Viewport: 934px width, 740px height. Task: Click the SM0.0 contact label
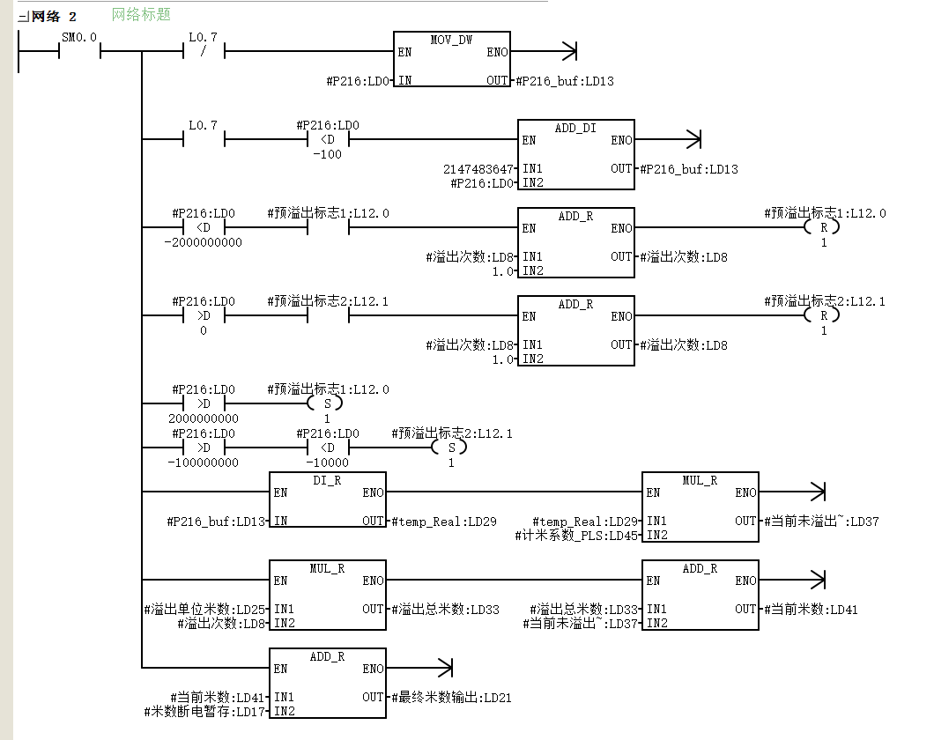[x=79, y=38]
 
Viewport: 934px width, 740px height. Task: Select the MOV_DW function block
[x=451, y=59]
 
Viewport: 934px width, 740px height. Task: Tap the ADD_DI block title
[x=575, y=128]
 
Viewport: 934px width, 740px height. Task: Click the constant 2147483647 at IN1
[x=478, y=169]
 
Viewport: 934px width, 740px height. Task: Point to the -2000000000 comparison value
[x=204, y=243]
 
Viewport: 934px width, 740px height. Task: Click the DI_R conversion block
[x=328, y=499]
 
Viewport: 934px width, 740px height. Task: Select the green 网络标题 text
[x=141, y=14]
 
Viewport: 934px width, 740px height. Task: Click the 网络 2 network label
[x=54, y=17]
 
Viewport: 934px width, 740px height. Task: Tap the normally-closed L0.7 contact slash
[x=204, y=52]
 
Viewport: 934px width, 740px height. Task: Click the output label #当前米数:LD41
[x=811, y=609]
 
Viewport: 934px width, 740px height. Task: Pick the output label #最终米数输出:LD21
[x=451, y=697]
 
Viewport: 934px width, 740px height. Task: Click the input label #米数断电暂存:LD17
[x=204, y=712]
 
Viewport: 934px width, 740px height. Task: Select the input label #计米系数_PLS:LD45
[x=576, y=536]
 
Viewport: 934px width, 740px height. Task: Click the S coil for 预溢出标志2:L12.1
[x=451, y=448]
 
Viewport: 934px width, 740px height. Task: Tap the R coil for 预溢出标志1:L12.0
[x=823, y=227]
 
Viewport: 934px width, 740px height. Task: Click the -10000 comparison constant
[x=327, y=462]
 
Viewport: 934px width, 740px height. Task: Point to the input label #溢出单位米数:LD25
[x=204, y=609]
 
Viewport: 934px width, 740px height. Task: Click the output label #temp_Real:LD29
[x=444, y=522]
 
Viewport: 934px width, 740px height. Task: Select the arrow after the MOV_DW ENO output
[x=544, y=51]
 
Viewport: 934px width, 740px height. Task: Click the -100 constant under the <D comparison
[x=327, y=154]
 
